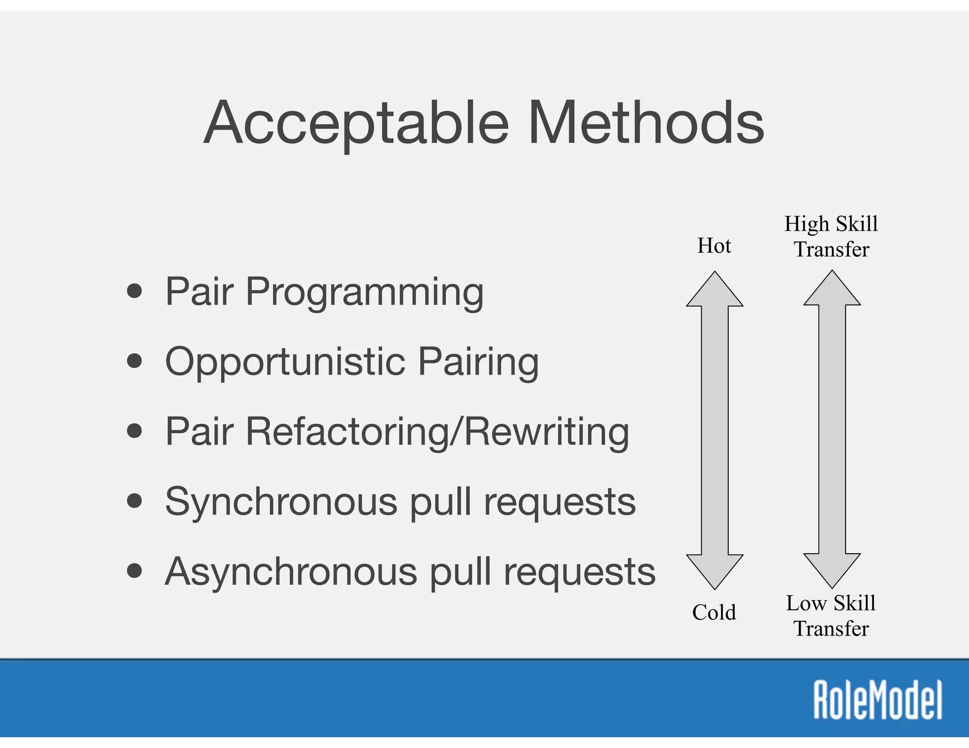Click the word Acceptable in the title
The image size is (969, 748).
click(x=357, y=124)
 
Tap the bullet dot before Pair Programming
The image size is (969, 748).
click(x=135, y=291)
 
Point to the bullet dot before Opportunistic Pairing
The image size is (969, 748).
click(x=135, y=361)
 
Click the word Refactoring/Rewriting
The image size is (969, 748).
click(x=437, y=432)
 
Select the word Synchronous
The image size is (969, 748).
click(x=281, y=503)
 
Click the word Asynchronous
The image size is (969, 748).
click(x=291, y=573)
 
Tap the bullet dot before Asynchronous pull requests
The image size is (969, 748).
click(x=135, y=571)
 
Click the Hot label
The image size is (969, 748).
click(x=714, y=246)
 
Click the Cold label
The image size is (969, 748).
click(x=714, y=612)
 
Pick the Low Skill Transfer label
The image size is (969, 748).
click(x=831, y=616)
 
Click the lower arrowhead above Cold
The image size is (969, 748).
click(x=714, y=570)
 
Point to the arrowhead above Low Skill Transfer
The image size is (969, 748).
click(x=832, y=569)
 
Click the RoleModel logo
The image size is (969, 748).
click(x=878, y=700)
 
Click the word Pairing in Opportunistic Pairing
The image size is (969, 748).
click(x=478, y=362)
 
